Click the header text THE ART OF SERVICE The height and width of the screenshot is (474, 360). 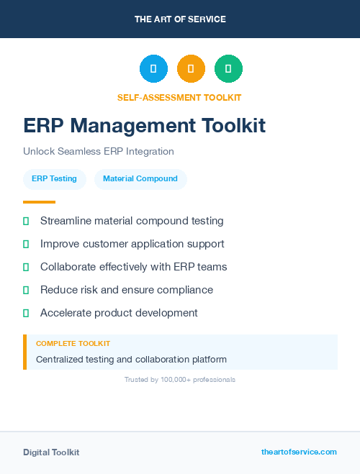click(x=180, y=19)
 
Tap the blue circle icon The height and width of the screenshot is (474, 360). click(x=153, y=69)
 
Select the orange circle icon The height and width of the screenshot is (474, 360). click(x=191, y=69)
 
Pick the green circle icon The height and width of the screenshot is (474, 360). click(x=228, y=69)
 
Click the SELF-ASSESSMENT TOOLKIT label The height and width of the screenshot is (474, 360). click(x=179, y=97)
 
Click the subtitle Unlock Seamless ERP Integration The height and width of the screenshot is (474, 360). click(x=99, y=151)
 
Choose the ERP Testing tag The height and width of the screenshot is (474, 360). click(x=54, y=178)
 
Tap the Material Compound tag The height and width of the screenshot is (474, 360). click(x=140, y=178)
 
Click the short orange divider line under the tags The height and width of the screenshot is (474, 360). click(x=39, y=202)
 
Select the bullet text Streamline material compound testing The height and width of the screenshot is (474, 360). click(x=132, y=221)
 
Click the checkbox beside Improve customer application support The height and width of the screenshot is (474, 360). click(x=26, y=245)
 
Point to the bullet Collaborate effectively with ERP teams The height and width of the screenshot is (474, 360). click(x=133, y=267)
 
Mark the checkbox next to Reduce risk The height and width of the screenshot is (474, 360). click(x=26, y=291)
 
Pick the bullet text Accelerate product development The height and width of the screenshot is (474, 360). click(x=119, y=313)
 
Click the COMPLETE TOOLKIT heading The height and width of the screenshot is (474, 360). click(x=73, y=344)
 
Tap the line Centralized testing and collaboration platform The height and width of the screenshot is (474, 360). click(x=131, y=359)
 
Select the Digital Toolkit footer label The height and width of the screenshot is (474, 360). click(x=51, y=452)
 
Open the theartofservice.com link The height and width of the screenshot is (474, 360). click(x=299, y=452)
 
